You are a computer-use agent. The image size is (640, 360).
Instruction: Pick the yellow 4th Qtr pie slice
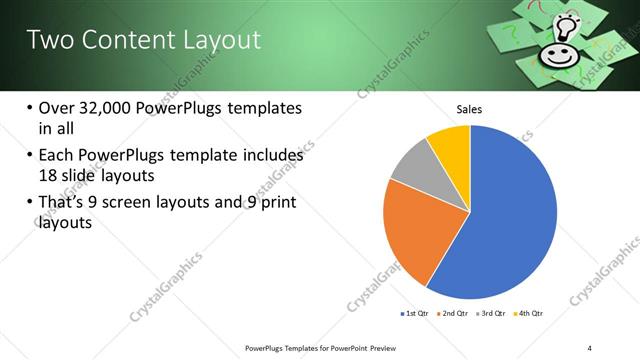451,146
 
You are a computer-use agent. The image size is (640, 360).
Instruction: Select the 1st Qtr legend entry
416,313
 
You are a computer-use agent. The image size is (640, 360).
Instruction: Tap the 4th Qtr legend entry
528,313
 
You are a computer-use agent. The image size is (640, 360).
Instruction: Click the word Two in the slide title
47,40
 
